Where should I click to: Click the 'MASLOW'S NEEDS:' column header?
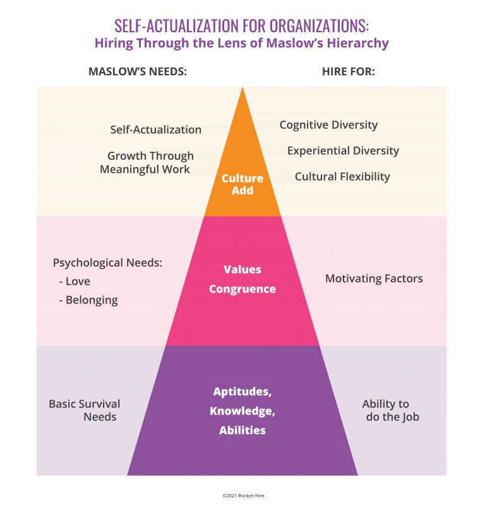coord(138,71)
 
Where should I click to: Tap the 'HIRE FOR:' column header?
coord(349,71)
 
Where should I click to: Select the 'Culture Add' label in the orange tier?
coord(242,184)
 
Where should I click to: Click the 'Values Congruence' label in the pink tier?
coord(242,279)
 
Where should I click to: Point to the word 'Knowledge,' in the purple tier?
coord(242,411)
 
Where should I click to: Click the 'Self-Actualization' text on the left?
coord(156,130)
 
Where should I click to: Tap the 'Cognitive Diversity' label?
coord(328,125)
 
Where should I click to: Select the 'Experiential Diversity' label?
coord(343,150)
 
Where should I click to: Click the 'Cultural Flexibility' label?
coord(342,176)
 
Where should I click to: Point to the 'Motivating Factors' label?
coord(374,278)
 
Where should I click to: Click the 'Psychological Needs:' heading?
coord(107,263)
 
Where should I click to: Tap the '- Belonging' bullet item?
coord(88,300)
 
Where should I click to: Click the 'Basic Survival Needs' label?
coord(85,410)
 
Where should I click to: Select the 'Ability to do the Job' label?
coord(389,410)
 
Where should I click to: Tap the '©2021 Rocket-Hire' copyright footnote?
coord(242,496)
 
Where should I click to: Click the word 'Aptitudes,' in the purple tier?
coord(242,391)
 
